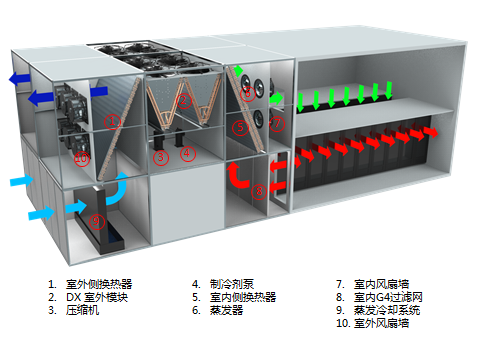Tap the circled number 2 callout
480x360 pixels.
(x=183, y=100)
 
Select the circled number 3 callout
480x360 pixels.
(x=161, y=156)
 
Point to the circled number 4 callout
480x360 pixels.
(x=187, y=154)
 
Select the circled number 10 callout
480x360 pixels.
(x=80, y=159)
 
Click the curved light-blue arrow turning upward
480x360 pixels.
(x=114, y=191)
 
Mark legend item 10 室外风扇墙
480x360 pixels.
(x=379, y=323)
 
